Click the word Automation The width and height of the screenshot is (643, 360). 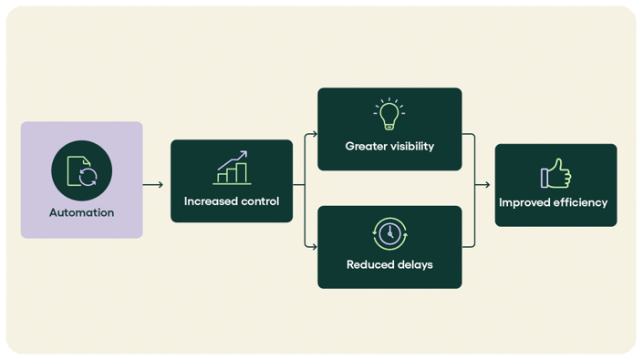(x=82, y=212)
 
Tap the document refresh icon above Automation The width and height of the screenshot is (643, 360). (x=82, y=170)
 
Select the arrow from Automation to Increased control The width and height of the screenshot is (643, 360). (x=153, y=185)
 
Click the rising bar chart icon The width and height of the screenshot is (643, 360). (x=232, y=167)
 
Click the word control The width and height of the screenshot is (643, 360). (x=260, y=201)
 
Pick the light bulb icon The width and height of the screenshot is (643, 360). (x=389, y=116)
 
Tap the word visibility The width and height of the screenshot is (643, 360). (x=413, y=146)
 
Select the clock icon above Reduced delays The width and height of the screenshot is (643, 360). (x=389, y=234)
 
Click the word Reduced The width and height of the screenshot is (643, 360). (x=371, y=265)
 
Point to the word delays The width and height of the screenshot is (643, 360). (x=416, y=265)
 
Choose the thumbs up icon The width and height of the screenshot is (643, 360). (x=555, y=174)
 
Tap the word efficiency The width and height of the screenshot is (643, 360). (x=583, y=202)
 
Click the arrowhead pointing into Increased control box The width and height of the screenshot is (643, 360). (x=161, y=185)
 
